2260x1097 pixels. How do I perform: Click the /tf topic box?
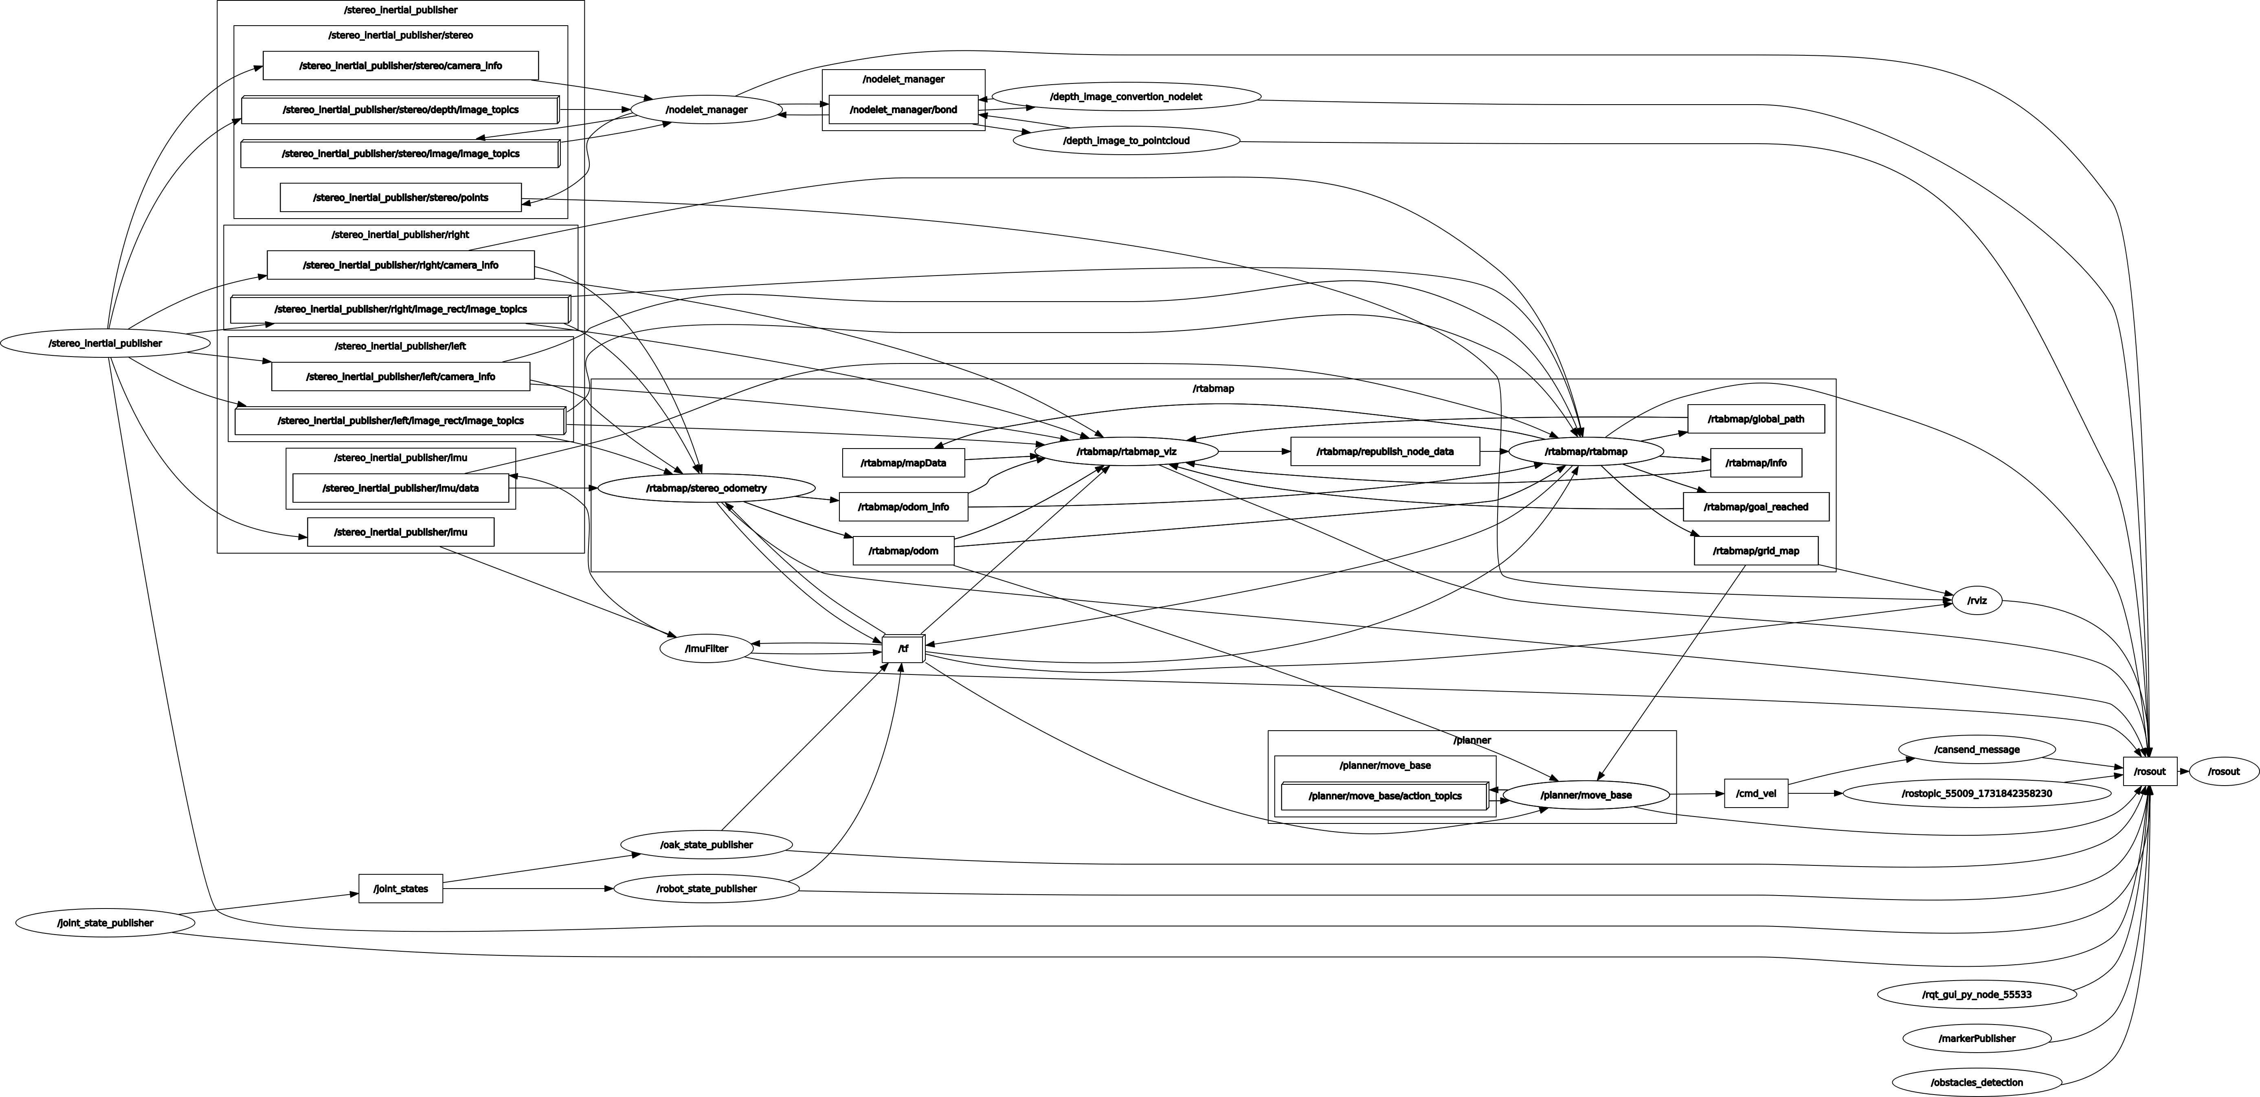[x=903, y=649]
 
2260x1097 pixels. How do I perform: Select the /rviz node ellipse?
[x=1977, y=601]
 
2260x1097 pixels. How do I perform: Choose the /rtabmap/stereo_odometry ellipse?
[x=706, y=488]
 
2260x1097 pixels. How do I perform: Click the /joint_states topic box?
[x=401, y=888]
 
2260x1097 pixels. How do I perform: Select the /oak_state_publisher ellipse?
[x=706, y=845]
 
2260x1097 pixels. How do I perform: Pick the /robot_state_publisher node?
[x=706, y=888]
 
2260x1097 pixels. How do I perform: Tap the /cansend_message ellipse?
[x=1977, y=750]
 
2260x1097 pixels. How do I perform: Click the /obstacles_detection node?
[x=1977, y=1082]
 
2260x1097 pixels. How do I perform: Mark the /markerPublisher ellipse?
[x=1977, y=1038]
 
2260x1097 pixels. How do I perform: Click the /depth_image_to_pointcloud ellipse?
[x=1127, y=140]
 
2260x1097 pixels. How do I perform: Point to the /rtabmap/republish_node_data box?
[x=1384, y=451]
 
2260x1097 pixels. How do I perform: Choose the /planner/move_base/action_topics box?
[x=1384, y=796]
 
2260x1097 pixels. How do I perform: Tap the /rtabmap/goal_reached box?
[x=1755, y=507]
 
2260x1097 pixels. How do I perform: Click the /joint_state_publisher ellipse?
[x=105, y=922]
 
